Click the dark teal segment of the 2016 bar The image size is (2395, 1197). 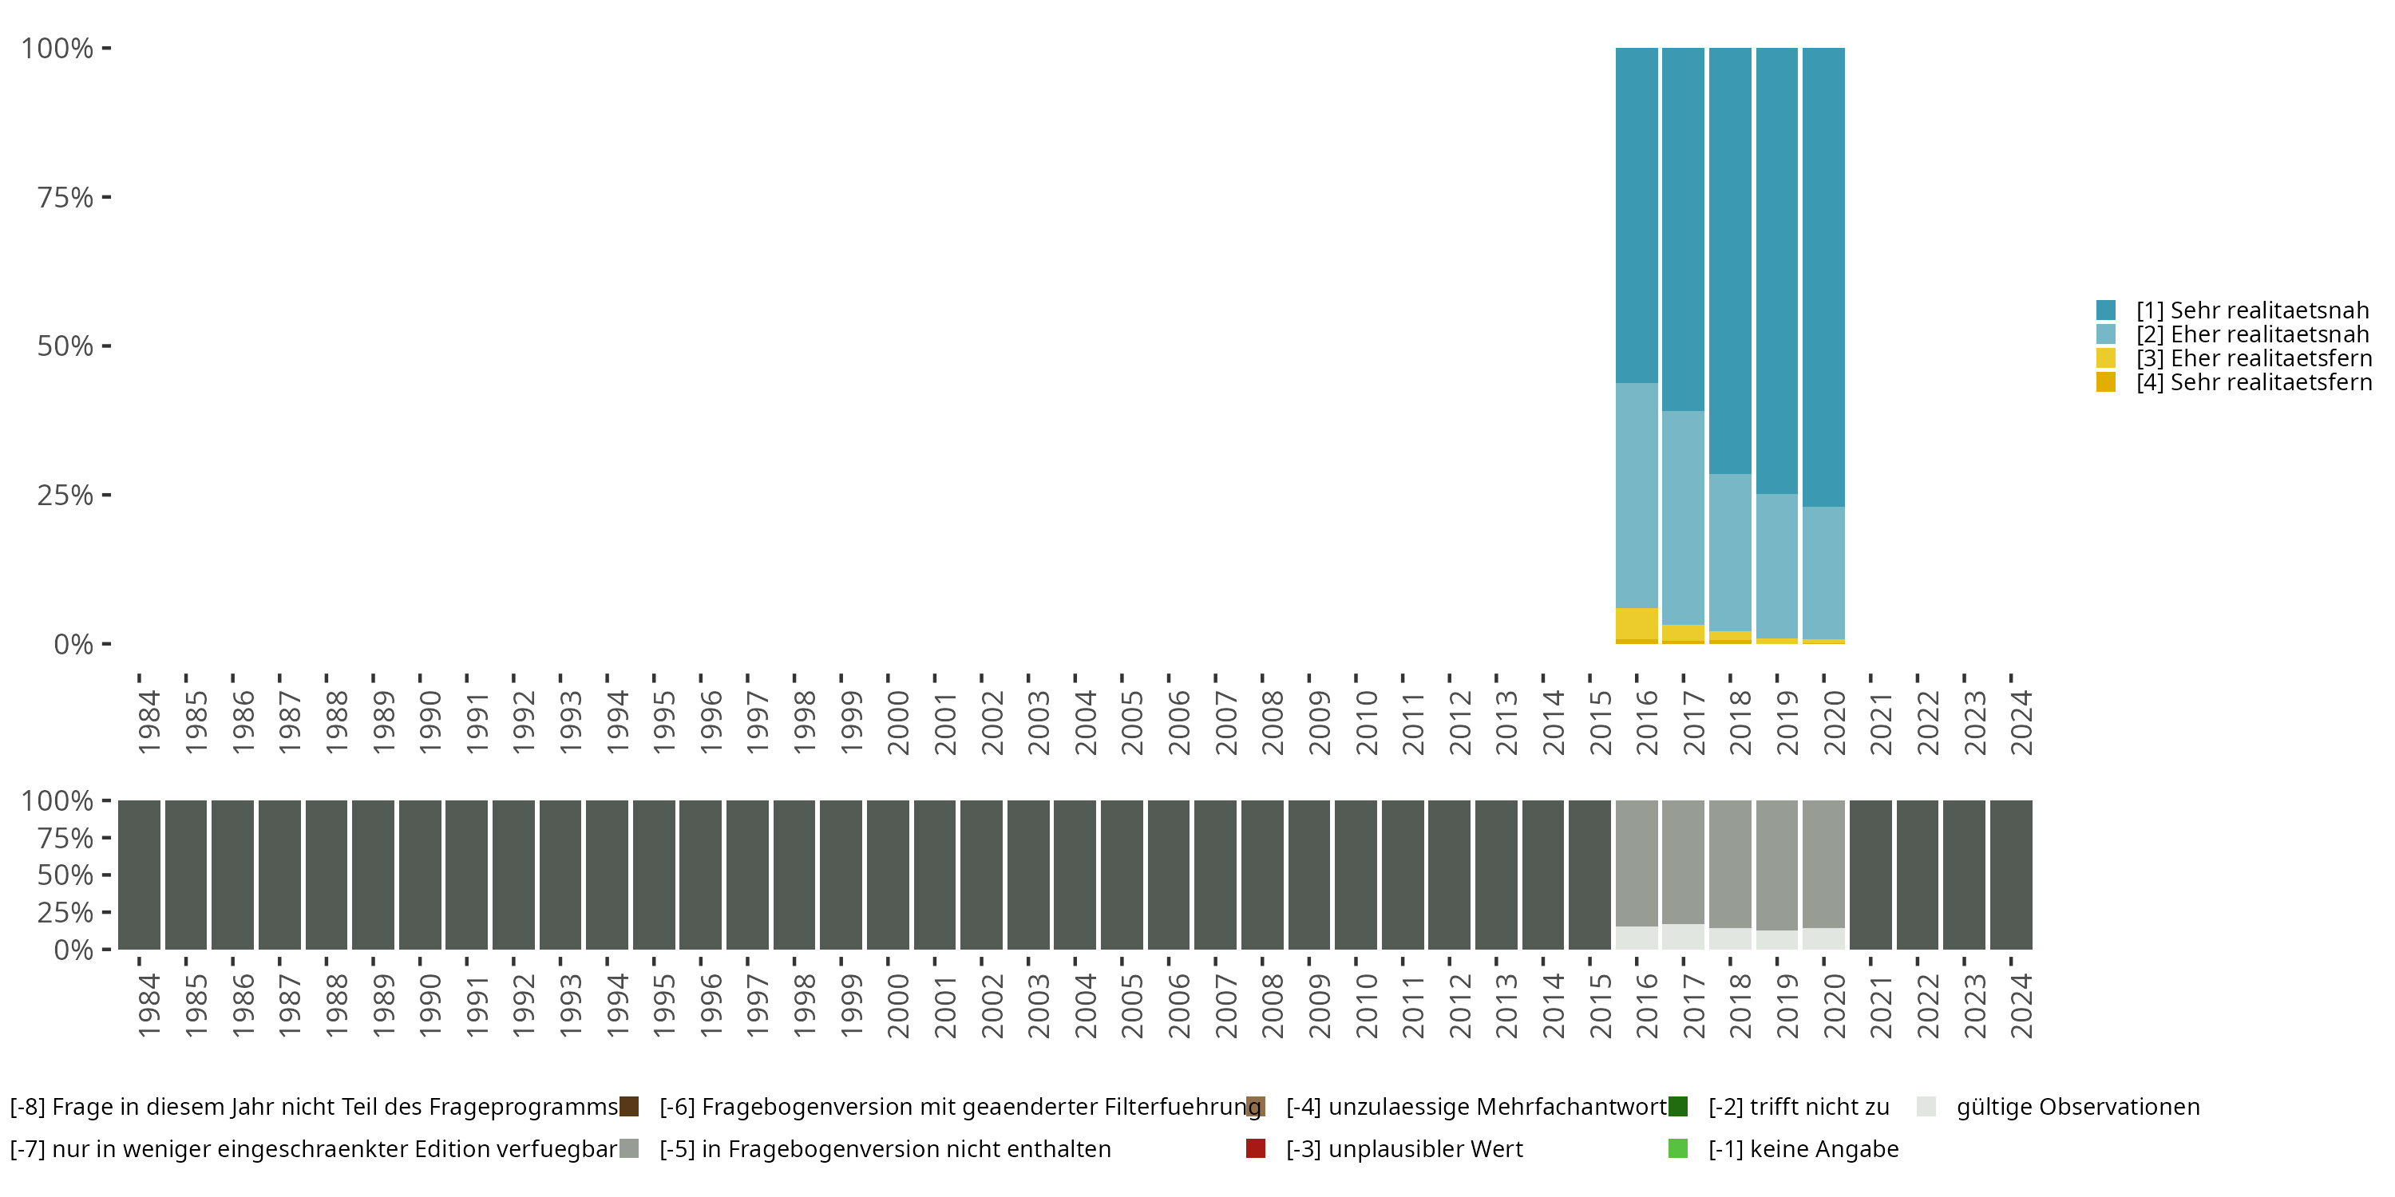[x=1637, y=215]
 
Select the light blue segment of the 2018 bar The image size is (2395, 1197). [x=1730, y=553]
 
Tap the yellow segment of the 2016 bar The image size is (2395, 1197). [x=1637, y=623]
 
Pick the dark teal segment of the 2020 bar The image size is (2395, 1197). [x=1823, y=277]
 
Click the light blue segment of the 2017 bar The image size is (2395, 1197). [x=1683, y=518]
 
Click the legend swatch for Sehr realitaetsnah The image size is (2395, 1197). [x=2106, y=310]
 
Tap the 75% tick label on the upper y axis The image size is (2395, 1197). [x=65, y=197]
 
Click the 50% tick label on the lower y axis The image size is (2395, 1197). [x=65, y=875]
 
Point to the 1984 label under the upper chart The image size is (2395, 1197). [x=148, y=722]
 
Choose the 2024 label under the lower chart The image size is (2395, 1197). [x=2021, y=1005]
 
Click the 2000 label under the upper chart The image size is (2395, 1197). [x=898, y=722]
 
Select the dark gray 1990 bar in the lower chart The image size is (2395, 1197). [x=420, y=875]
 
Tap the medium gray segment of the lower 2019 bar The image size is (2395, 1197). [x=1777, y=865]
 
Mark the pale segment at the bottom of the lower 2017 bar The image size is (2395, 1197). [x=1683, y=937]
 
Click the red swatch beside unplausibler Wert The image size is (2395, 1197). [x=1255, y=1148]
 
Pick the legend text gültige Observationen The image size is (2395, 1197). [x=2078, y=1107]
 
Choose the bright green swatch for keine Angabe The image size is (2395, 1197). [x=1678, y=1148]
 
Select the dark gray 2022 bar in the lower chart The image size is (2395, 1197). [x=1917, y=875]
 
